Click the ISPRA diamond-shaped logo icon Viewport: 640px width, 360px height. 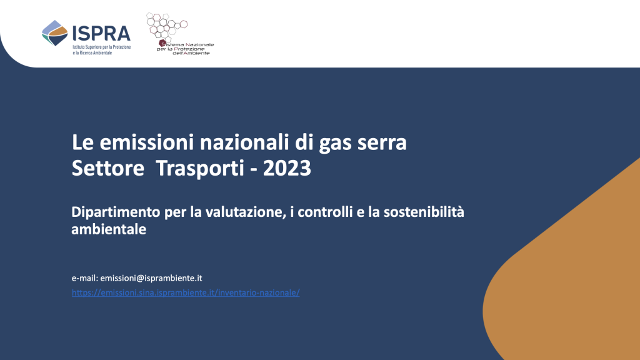pyautogui.click(x=55, y=33)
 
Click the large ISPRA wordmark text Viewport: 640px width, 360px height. pyautogui.click(x=102, y=34)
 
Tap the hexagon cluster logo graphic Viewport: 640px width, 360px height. pyautogui.click(x=166, y=26)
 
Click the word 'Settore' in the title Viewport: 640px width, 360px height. pyautogui.click(x=107, y=168)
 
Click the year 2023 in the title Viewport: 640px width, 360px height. pyautogui.click(x=287, y=168)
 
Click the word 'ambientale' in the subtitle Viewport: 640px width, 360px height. pyautogui.click(x=109, y=229)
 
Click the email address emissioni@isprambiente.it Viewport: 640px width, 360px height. pyautogui.click(x=151, y=278)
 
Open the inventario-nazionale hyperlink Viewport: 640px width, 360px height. pyautogui.click(x=186, y=292)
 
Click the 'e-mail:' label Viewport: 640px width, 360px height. pyautogui.click(x=85, y=278)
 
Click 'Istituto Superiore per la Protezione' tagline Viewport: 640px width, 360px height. pyautogui.click(x=102, y=47)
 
